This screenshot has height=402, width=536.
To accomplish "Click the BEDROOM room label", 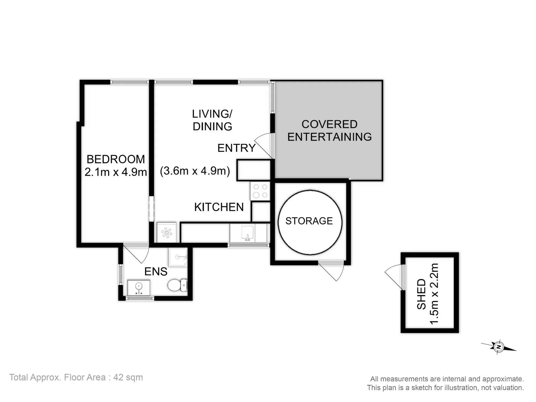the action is (116, 159).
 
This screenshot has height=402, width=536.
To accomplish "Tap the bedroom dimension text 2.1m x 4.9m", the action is (116, 172).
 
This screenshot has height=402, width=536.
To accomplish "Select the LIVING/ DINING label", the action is (212, 120).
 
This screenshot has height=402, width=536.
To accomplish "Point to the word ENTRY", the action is (236, 148).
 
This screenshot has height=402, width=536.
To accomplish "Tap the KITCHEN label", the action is (219, 207).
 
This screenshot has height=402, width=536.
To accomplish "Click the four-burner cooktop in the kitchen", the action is (260, 191).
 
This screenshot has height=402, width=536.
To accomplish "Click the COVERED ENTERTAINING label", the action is (329, 131).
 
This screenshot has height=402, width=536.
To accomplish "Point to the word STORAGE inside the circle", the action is (309, 221).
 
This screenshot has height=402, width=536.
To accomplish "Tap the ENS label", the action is (156, 272).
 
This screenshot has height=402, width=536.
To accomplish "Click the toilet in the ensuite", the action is (177, 285).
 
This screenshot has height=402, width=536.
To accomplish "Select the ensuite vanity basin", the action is (139, 288).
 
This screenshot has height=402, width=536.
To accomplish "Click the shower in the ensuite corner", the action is (177, 257).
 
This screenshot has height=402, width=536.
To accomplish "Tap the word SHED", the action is (422, 294).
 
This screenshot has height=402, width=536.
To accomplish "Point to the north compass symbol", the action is (498, 347).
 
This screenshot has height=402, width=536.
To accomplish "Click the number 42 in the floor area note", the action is (118, 377).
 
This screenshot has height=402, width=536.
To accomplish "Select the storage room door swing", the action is (331, 271).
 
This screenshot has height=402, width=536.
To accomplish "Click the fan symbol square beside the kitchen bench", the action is (166, 232).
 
